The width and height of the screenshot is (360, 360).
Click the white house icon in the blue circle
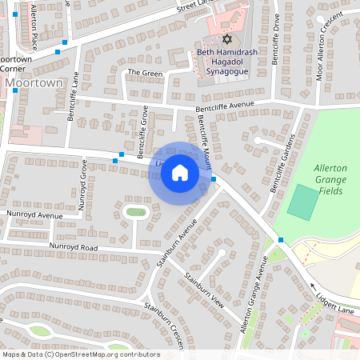pyautogui.click(x=180, y=172)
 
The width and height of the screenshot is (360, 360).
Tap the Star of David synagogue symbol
pyautogui.click(x=226, y=38)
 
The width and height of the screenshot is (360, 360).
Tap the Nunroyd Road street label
pyautogui.click(x=73, y=247)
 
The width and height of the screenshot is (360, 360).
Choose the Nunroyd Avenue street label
pyautogui.click(x=34, y=215)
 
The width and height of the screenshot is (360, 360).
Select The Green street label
pyautogui.click(x=145, y=73)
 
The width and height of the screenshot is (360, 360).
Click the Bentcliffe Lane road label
pyautogui.click(x=73, y=96)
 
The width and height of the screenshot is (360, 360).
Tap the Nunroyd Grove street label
pyautogui.click(x=82, y=184)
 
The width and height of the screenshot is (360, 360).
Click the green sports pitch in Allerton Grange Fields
pyautogui.click(x=302, y=202)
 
